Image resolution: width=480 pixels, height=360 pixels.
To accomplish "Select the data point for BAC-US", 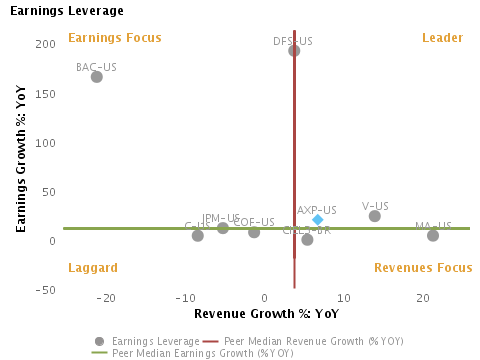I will click(x=97, y=77).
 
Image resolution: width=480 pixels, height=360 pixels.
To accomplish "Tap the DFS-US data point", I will click(x=294, y=51).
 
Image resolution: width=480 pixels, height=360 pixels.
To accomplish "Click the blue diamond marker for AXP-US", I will click(x=318, y=220).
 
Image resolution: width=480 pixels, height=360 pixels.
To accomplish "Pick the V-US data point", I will click(x=375, y=216).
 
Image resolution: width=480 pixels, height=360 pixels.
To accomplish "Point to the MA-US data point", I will click(x=433, y=236).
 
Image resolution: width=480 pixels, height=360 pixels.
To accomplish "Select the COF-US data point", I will click(x=254, y=233).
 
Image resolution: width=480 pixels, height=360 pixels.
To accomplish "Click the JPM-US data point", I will click(x=223, y=229).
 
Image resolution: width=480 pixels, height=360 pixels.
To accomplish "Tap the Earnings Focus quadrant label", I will click(x=114, y=39).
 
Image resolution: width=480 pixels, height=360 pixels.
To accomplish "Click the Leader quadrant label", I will click(x=442, y=39).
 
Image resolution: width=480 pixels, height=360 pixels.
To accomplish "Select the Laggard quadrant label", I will click(x=92, y=268).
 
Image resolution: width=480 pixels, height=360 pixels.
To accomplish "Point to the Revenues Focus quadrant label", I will click(x=423, y=268).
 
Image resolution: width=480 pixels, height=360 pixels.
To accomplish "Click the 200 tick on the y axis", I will click(x=44, y=45).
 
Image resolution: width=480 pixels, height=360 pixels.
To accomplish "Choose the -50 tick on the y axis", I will click(x=44, y=290).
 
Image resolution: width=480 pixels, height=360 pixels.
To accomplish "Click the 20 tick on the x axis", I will click(x=421, y=299).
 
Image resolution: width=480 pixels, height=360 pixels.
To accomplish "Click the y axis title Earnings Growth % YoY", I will click(x=21, y=159).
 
